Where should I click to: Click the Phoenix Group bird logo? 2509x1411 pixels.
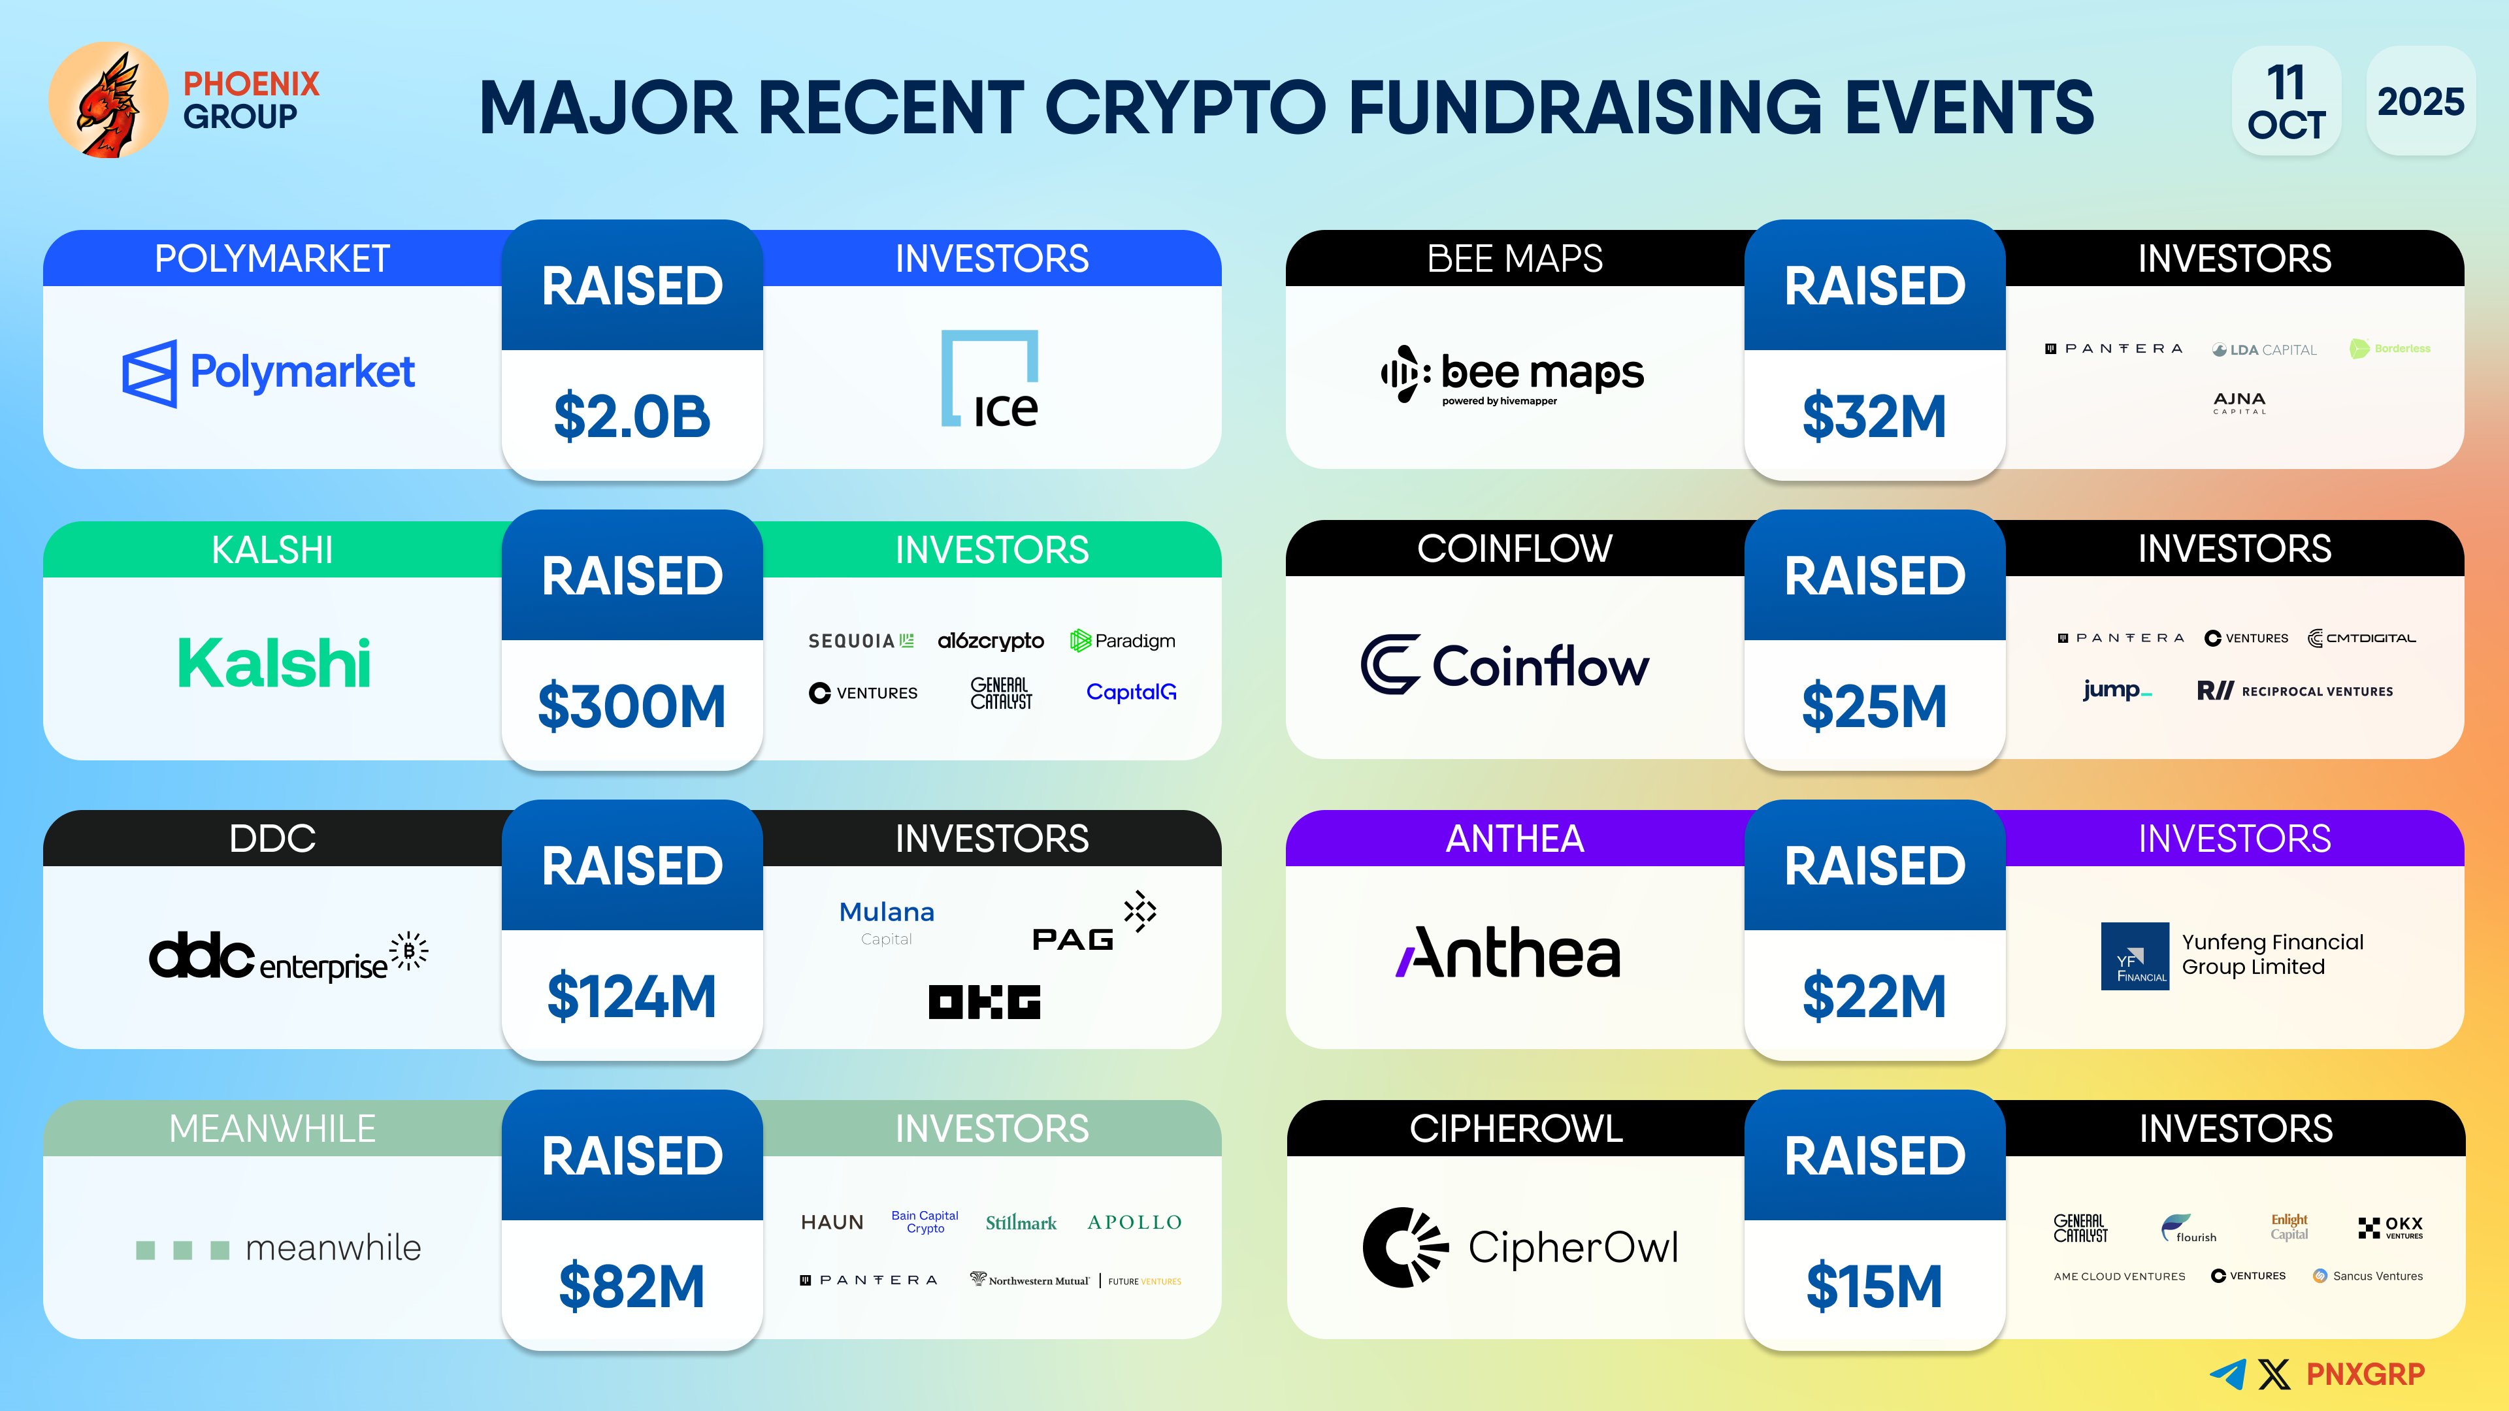point(108,101)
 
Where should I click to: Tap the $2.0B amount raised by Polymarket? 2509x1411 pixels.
point(632,416)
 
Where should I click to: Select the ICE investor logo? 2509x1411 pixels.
point(990,379)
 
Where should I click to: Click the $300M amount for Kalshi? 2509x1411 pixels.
point(632,706)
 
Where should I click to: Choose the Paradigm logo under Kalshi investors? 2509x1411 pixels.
point(1123,641)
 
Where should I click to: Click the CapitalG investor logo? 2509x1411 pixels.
point(1131,692)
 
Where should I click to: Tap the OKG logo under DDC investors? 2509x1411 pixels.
point(985,1002)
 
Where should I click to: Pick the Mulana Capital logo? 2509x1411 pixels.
point(887,921)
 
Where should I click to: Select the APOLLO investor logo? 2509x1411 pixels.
point(1135,1222)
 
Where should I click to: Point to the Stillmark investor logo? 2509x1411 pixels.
point(1021,1222)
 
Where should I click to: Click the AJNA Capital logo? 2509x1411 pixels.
point(2239,403)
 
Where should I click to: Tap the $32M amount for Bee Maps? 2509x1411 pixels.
point(1874,416)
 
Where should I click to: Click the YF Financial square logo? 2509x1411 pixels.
point(2135,956)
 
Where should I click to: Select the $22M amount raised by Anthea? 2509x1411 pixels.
point(1874,996)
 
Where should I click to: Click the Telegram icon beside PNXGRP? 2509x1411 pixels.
point(2229,1374)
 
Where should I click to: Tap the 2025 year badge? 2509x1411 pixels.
point(2420,101)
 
